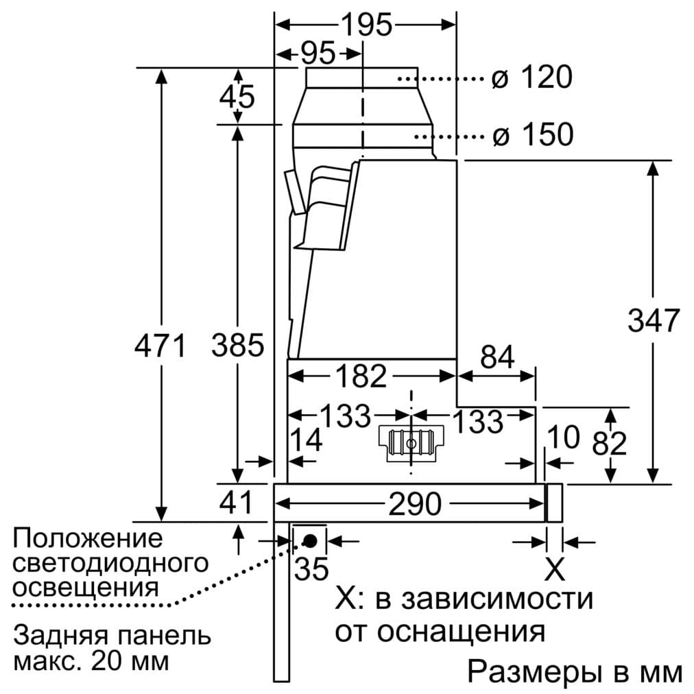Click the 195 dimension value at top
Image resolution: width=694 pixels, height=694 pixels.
coord(366,25)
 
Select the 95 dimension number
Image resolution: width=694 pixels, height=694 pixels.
coord(317,53)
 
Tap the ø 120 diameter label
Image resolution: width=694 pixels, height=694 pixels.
coord(531,78)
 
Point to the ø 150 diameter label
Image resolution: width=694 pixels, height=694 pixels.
coord(531,134)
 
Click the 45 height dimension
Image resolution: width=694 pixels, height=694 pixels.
coord(237,96)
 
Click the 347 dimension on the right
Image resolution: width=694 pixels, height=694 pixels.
coord(653,320)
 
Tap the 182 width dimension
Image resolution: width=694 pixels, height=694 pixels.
coord(361,376)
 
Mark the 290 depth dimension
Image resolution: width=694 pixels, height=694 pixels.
coord(415,505)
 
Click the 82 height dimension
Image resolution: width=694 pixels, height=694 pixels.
coord(610,444)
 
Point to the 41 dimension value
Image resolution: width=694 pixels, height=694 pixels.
coord(237,504)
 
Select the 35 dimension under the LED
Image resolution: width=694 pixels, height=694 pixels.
coord(311,569)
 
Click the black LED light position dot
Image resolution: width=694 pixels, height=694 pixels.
coord(309,540)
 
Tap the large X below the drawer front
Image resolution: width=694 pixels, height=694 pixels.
coord(554,569)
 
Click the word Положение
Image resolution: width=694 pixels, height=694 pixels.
coord(88,538)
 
